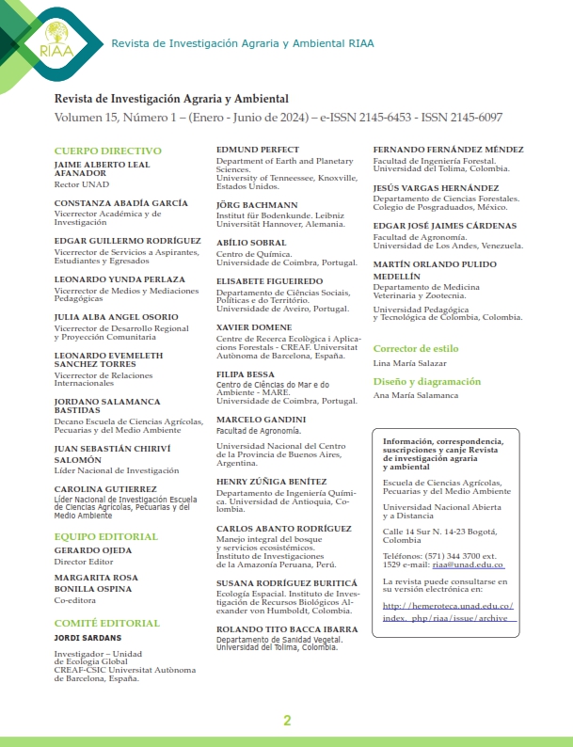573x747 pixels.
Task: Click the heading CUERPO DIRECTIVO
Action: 102,151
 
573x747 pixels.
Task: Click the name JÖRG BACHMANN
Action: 257,204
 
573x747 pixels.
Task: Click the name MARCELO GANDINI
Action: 262,419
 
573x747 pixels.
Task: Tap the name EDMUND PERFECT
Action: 258,150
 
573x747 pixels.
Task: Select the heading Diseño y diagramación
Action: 426,382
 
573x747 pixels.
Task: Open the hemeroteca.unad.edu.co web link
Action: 446,612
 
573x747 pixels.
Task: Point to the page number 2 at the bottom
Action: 287,721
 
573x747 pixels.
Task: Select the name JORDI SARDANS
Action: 88,637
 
